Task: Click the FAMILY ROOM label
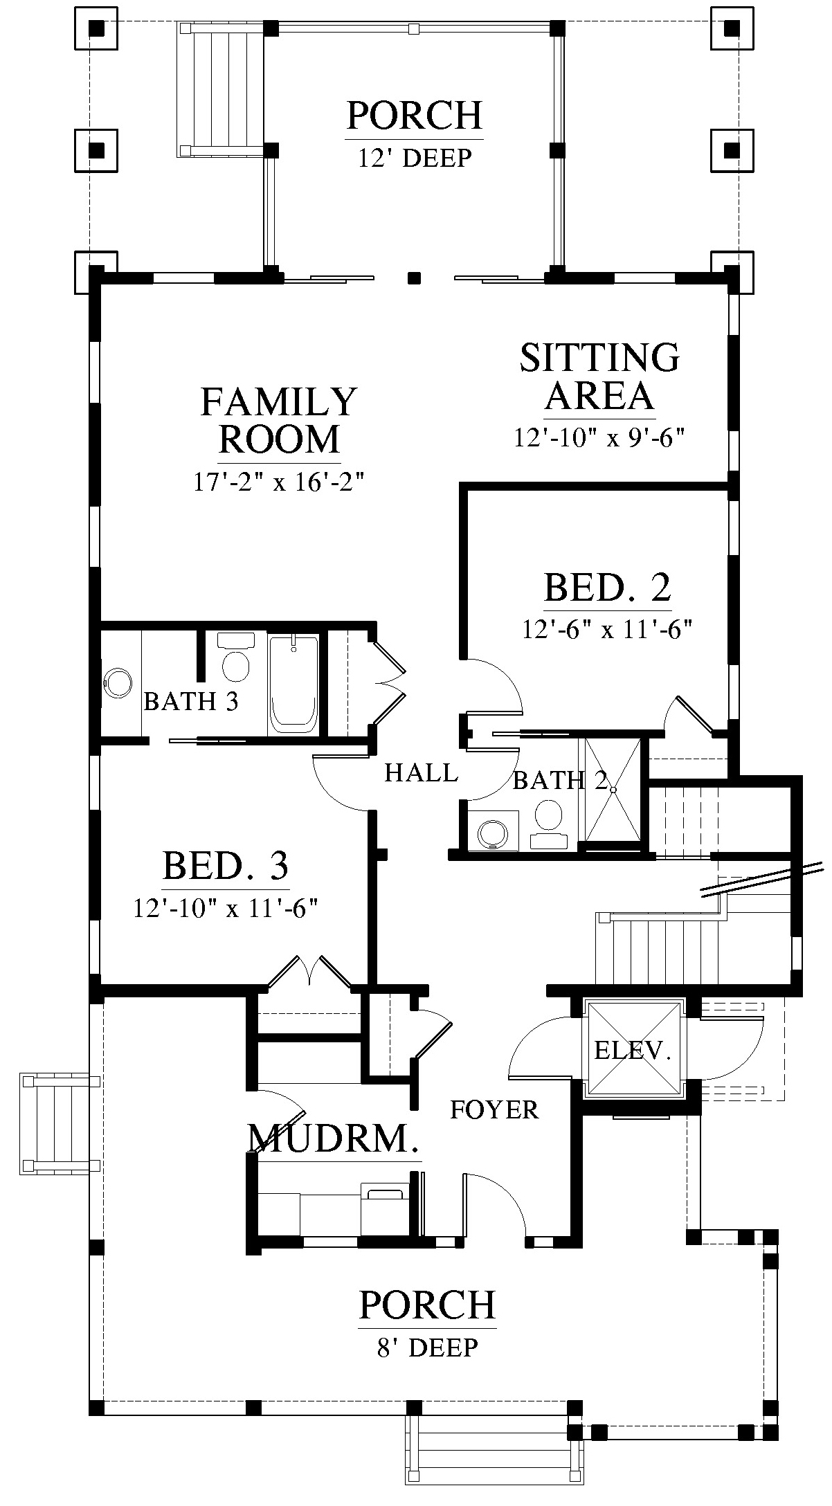279,421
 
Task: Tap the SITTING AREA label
599,376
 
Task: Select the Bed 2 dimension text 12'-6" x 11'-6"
608,630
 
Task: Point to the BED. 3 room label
226,865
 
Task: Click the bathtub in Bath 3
293,684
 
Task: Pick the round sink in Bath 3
118,683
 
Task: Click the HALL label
421,772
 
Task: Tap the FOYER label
494,1109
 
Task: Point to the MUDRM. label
334,1137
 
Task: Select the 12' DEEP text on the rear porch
415,158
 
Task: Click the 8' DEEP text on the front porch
427,1347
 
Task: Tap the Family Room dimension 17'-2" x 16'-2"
278,481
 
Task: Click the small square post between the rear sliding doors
415,278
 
